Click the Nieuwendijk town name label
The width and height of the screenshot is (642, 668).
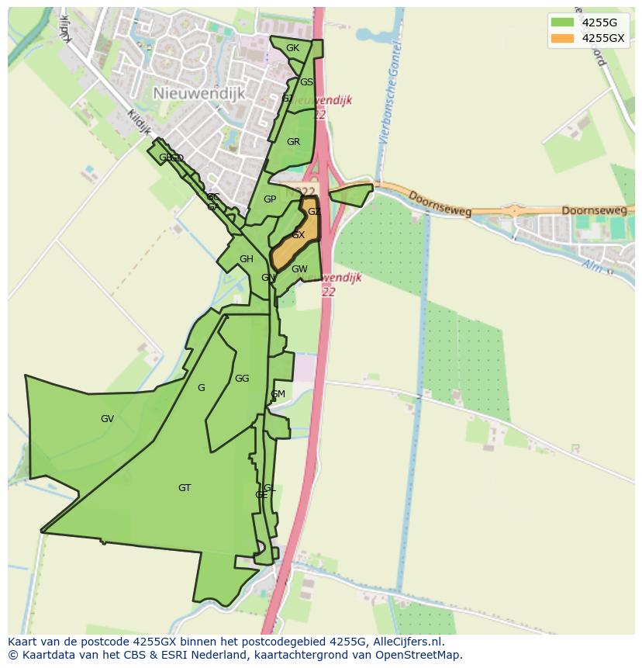coord(198,93)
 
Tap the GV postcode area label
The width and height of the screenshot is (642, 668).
coord(107,419)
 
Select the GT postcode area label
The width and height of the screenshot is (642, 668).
coord(185,488)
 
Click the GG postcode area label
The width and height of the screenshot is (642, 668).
coord(242,379)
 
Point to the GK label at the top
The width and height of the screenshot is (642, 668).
coord(292,48)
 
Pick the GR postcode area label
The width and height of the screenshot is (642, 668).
coord(293,142)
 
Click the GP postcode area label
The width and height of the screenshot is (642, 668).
coord(270,199)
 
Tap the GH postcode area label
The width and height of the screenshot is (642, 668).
coord(246,259)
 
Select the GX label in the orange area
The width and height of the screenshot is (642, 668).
coord(298,235)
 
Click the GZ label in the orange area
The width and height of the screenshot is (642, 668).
coord(314,212)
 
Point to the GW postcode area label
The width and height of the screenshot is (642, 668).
coord(299,269)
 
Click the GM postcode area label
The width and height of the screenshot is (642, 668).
coord(278,394)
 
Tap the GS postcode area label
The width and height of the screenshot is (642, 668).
coord(306,82)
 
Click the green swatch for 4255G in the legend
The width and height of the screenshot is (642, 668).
coord(562,22)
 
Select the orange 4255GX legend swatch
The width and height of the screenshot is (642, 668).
coord(562,38)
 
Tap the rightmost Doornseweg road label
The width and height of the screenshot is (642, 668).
coord(592,210)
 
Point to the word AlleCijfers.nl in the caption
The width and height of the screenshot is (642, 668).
coord(406,642)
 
